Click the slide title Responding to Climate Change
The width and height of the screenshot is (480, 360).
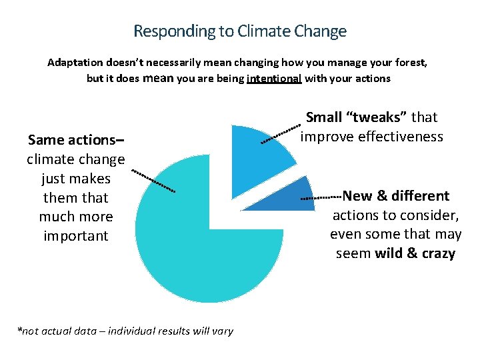(x=240, y=31)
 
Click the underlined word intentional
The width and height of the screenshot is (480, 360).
(x=274, y=79)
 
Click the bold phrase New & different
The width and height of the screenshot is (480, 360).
(x=396, y=196)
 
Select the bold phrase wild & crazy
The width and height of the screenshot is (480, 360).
(x=415, y=254)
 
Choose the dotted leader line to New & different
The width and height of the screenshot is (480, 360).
(x=321, y=197)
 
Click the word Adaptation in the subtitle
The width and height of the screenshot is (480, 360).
(x=75, y=63)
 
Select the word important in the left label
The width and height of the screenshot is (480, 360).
(x=75, y=236)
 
